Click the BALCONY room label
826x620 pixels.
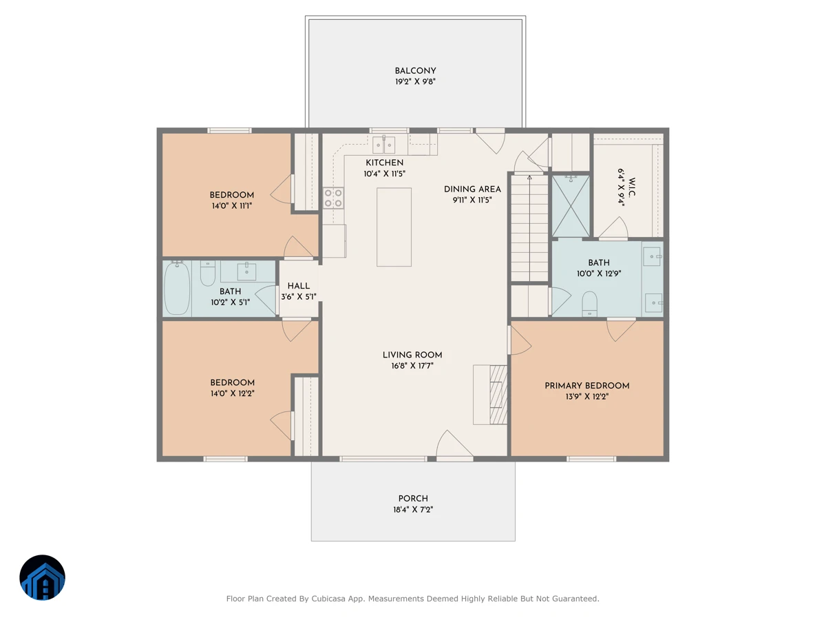(x=415, y=71)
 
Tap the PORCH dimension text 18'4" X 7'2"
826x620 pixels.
(x=413, y=509)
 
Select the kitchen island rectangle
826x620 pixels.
(x=394, y=227)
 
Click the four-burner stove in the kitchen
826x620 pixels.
(x=333, y=198)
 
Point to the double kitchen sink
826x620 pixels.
(x=383, y=145)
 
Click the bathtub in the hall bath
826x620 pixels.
(x=177, y=288)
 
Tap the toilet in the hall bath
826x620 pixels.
(x=207, y=273)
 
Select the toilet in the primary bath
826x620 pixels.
(x=589, y=304)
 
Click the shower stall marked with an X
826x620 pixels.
(x=571, y=205)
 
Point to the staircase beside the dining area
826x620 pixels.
(x=529, y=228)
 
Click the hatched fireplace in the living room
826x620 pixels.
(x=498, y=395)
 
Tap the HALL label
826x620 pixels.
(x=299, y=286)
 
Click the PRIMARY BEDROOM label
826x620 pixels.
(x=586, y=386)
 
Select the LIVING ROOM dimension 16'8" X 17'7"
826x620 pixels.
(x=412, y=366)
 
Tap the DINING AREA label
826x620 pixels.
(x=472, y=189)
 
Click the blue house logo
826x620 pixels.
(x=42, y=577)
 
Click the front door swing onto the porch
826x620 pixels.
(x=454, y=444)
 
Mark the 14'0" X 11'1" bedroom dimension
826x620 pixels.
(x=231, y=205)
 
